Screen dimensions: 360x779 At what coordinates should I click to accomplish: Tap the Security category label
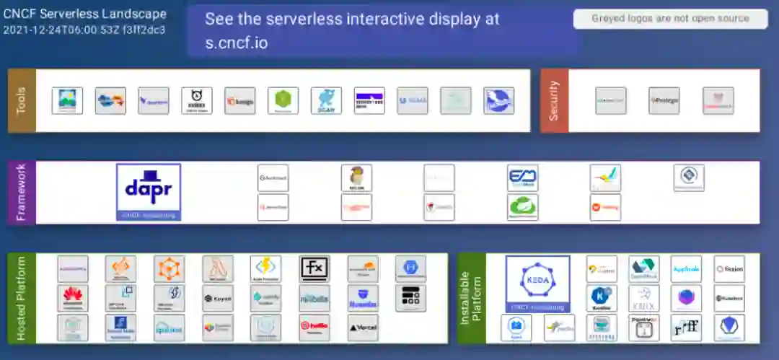pos(554,100)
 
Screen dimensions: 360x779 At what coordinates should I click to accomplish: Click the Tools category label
pos(22,100)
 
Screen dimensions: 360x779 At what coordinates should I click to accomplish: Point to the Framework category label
pos(22,192)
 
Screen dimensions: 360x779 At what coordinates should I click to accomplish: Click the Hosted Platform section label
pos(22,298)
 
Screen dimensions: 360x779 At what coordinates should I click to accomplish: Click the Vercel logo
pos(363,328)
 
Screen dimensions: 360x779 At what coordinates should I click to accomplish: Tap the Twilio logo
pos(314,328)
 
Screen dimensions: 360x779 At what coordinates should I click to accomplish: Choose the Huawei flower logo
pos(73,297)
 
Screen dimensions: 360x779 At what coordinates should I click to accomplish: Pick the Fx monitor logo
pos(314,268)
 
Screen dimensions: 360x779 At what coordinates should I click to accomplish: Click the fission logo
pos(729,268)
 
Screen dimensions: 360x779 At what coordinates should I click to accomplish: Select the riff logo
pos(686,328)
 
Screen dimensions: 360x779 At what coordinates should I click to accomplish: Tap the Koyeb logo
pos(217,297)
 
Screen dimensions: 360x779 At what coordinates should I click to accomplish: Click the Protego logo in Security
pos(664,100)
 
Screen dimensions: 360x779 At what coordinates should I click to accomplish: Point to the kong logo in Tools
pos(240,101)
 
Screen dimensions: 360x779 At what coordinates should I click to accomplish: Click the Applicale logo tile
pos(686,268)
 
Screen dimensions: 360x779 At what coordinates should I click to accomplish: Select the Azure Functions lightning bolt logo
pos(265,268)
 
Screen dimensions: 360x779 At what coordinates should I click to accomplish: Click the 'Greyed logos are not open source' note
pos(670,19)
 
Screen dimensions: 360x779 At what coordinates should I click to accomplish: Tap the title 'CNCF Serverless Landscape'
pos(84,14)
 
